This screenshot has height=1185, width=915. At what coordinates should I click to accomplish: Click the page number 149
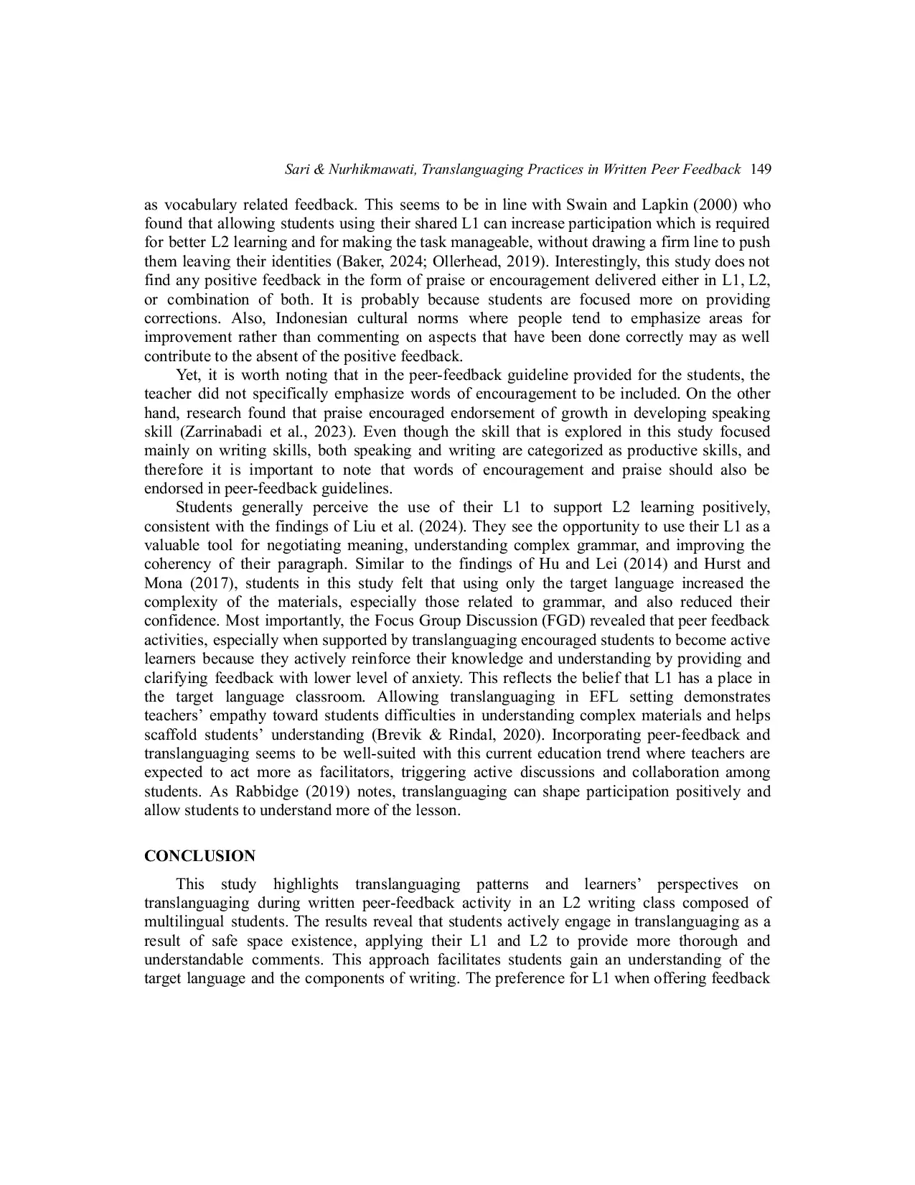(x=760, y=169)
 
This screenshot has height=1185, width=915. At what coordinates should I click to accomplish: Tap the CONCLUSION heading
(x=200, y=856)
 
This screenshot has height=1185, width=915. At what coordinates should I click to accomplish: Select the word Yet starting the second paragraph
(x=186, y=375)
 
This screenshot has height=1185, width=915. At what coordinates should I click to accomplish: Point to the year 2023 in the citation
(x=339, y=432)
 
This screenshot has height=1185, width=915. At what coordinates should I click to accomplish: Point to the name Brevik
(x=399, y=735)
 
